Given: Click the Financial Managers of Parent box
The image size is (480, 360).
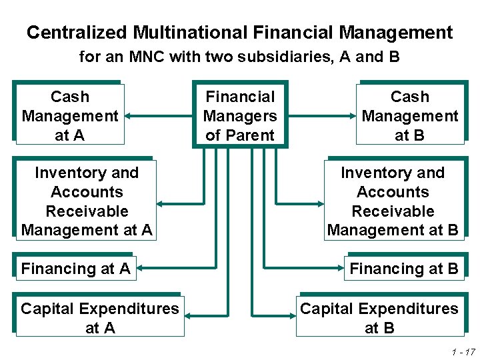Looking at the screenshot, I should pyautogui.click(x=240, y=116).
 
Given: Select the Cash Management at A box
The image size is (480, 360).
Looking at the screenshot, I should pyautogui.click(x=69, y=115).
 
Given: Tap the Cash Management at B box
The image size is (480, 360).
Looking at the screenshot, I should pyautogui.click(x=409, y=115).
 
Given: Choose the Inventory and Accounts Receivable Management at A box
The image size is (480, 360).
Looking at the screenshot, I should pyautogui.click(x=86, y=201).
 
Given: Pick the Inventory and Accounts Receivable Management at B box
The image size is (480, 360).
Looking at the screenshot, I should pyautogui.click(x=393, y=201).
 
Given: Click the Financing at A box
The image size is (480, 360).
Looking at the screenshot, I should pyautogui.click(x=75, y=269).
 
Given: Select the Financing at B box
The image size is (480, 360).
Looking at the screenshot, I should pyautogui.click(x=404, y=269).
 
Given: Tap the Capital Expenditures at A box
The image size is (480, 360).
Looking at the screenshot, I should pyautogui.click(x=99, y=318).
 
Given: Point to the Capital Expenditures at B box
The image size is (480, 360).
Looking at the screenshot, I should pyautogui.click(x=379, y=318).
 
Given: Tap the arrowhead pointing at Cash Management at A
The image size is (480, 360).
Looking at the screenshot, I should pyautogui.click(x=129, y=115).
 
